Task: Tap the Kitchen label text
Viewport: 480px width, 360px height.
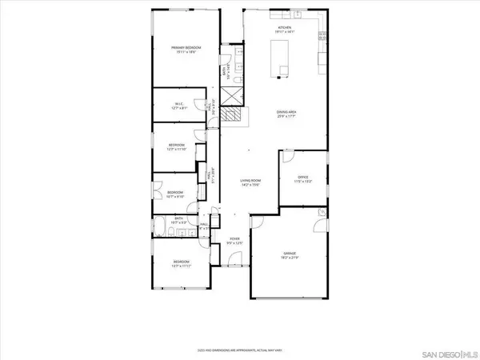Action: click(284, 27)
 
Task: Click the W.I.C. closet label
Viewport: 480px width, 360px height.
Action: click(180, 104)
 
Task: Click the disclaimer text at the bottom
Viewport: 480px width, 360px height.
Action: click(239, 350)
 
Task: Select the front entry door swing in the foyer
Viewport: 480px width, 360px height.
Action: click(233, 261)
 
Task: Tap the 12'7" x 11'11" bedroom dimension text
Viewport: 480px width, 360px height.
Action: click(181, 266)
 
